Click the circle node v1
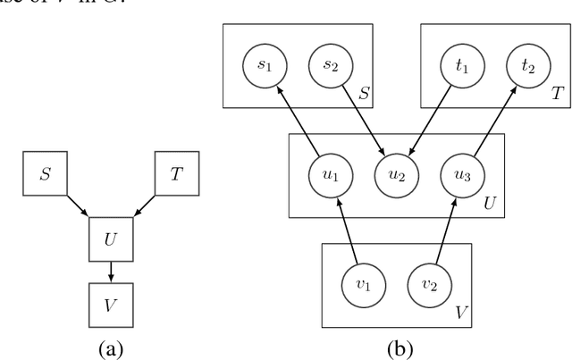click(363, 285)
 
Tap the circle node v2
click(428, 285)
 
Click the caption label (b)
click(396, 343)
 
